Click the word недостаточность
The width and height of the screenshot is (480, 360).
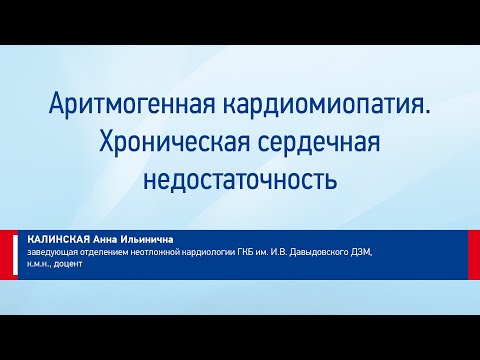coord(240,181)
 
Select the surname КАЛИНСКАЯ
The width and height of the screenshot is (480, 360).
coord(58,240)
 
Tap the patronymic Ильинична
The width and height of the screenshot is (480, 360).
coord(149,240)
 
